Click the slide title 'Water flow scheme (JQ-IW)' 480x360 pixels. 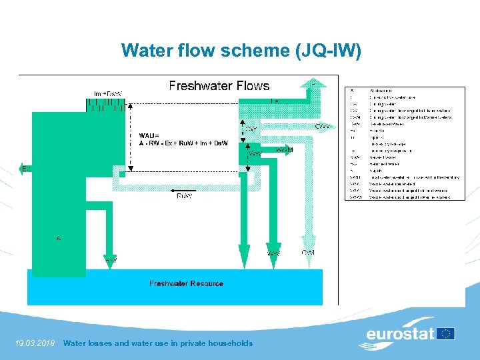pyautogui.click(x=241, y=50)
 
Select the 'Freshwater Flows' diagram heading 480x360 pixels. pyautogui.click(x=219, y=86)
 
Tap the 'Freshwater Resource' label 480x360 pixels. pyautogui.click(x=186, y=284)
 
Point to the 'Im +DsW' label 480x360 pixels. pyautogui.click(x=108, y=93)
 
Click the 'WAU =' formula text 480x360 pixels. pyautogui.click(x=149, y=135)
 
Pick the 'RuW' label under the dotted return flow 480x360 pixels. pyautogui.click(x=185, y=196)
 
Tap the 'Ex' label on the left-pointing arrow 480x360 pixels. pyautogui.click(x=26, y=169)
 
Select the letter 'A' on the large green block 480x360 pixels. pyautogui.click(x=59, y=238)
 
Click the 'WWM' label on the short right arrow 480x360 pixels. pyautogui.click(x=284, y=151)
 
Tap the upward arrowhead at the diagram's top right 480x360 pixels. pyautogui.click(x=312, y=83)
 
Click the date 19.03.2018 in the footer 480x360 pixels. pyautogui.click(x=34, y=343)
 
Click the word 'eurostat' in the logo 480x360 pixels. pyautogui.click(x=400, y=333)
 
